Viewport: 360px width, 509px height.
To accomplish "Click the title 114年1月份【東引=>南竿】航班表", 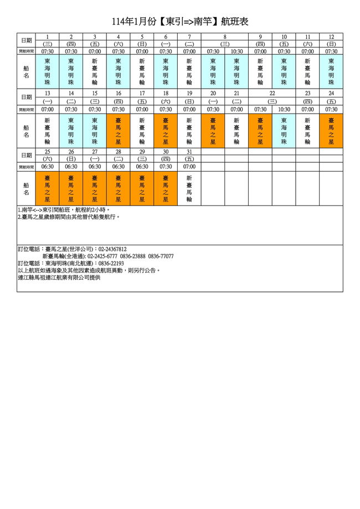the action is pos(180,22).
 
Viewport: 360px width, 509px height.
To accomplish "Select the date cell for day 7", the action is pos(189,37).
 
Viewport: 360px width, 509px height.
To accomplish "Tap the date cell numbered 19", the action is pos(189,94).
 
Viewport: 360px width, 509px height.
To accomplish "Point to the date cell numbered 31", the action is pos(189,151).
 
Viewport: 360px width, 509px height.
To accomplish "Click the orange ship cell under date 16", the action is pos(119,131).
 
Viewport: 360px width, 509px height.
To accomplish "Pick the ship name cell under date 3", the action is pos(95,71).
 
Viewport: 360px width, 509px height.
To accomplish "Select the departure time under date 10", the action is pos(284,51).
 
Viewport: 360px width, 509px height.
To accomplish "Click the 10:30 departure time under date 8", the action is pos(236,51).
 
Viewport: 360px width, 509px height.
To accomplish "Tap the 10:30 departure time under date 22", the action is pos(284,109).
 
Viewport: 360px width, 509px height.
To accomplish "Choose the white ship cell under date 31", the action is pos(189,189).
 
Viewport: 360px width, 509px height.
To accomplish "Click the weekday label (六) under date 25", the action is pos(48,158).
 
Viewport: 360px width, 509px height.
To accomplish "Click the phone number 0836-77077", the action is pos(161,256).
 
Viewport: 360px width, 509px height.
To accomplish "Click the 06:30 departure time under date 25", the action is pos(48,166).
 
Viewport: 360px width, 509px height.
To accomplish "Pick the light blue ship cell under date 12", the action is pos(331,71).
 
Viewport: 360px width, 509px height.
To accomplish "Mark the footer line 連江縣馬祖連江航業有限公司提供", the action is pos(59,277).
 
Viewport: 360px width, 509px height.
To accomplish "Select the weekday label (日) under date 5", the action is pos(142,44).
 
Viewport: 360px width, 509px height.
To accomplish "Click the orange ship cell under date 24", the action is pos(331,131).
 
